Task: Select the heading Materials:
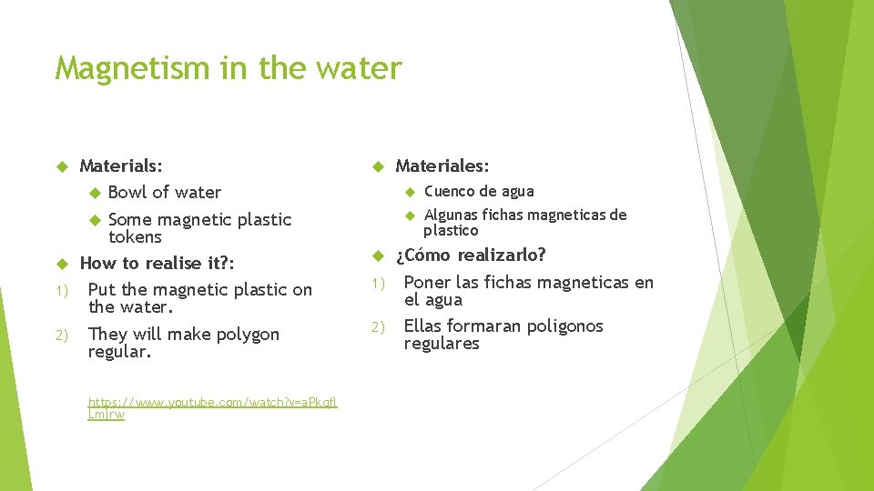pos(121,165)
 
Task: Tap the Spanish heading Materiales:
pos(442,165)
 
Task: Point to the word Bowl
pos(127,192)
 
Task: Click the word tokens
pos(135,237)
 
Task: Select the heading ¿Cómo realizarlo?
pos(470,255)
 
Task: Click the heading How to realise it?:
pos(158,264)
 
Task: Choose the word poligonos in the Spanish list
pos(560,326)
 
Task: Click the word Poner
pos(427,282)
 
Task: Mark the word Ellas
pos(425,326)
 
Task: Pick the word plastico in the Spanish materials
pos(451,230)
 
